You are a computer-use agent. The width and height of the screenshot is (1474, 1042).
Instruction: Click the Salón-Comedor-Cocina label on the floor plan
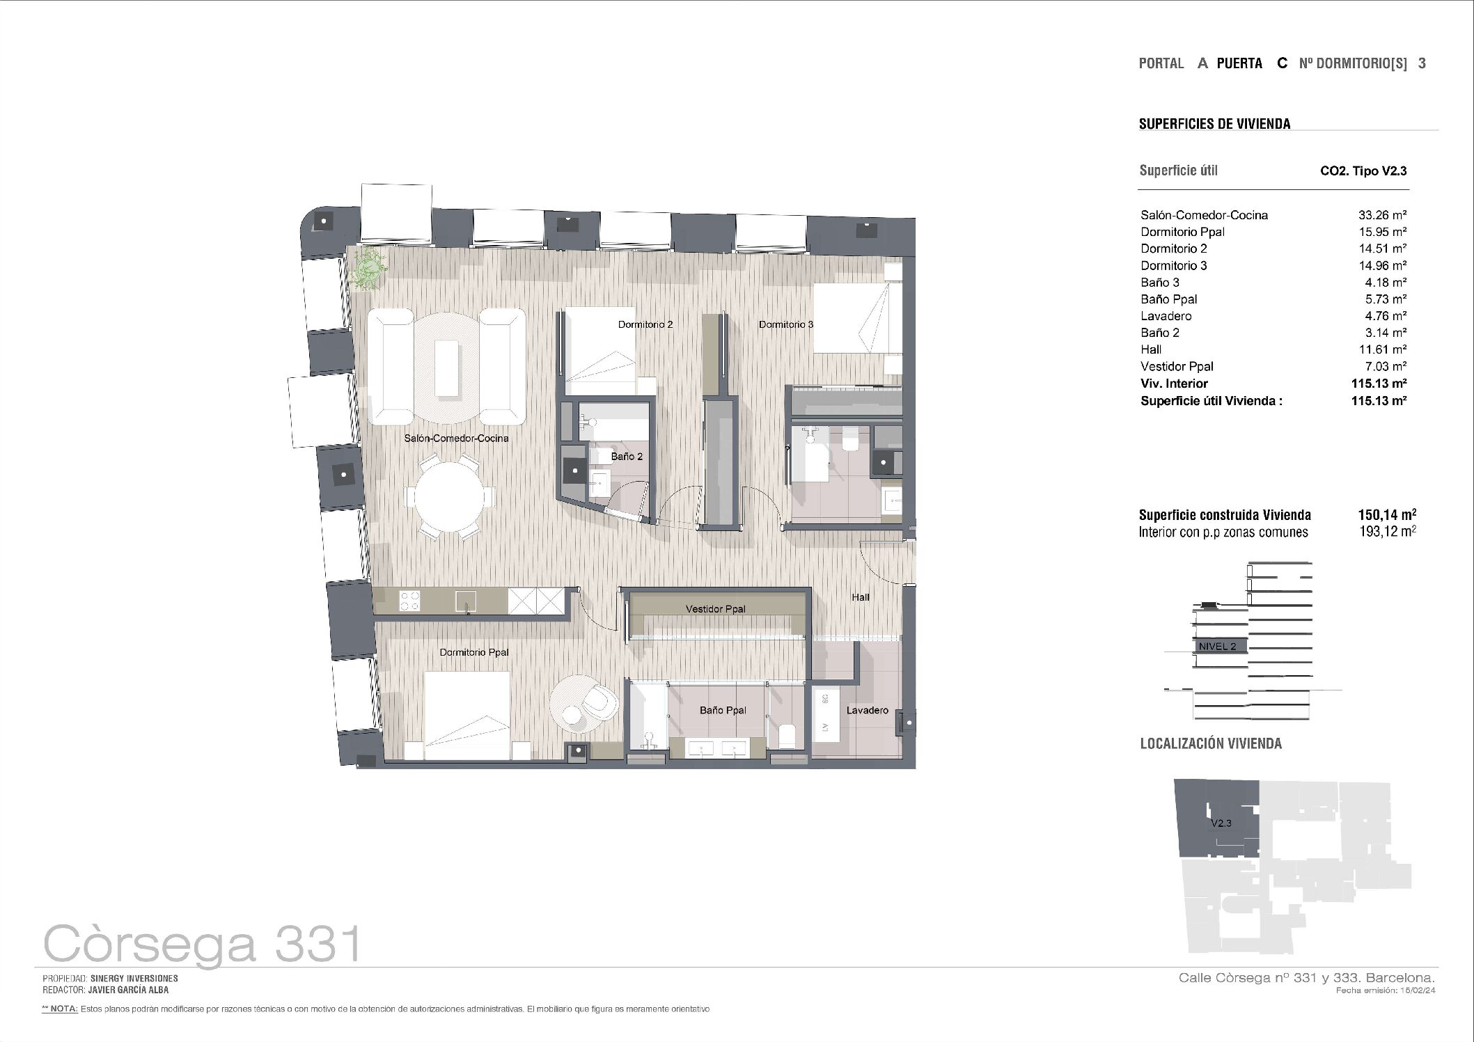coord(456,439)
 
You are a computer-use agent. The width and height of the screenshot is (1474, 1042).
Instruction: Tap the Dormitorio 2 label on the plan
coord(645,324)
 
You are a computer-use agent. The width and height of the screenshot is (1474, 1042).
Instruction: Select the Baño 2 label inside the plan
coord(627,457)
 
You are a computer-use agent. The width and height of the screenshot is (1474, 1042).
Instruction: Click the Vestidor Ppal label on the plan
coord(715,609)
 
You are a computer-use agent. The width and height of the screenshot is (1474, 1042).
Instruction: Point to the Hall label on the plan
coord(861,597)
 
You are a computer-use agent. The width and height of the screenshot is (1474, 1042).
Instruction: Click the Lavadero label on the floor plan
coord(867,710)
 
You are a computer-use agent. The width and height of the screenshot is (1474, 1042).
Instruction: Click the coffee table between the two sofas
coord(447,368)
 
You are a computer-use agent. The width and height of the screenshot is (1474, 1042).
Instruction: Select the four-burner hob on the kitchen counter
coord(409,601)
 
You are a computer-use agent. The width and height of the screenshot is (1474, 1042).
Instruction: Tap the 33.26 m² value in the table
coord(1382,215)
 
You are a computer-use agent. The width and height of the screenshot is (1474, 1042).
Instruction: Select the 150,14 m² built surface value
coord(1387,515)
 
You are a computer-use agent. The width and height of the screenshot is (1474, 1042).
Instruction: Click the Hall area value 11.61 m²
coord(1382,349)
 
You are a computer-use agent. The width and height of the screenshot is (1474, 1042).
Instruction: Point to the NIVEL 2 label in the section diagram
coord(1217,647)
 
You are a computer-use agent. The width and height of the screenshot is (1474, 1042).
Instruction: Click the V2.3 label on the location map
coord(1221,823)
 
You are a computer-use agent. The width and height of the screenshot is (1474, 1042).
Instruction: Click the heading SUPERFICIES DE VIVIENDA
coord(1214,124)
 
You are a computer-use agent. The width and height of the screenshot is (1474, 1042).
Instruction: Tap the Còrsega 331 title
coord(203,944)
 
